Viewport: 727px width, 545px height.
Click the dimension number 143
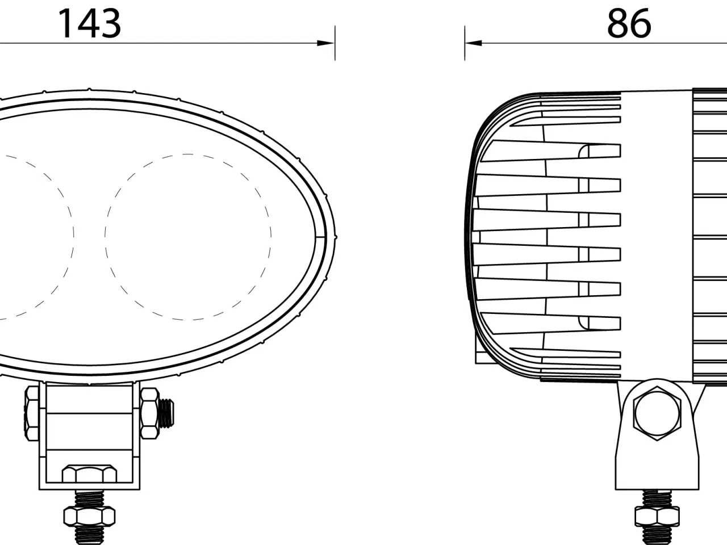coord(90,24)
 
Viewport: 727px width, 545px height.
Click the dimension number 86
coord(629,24)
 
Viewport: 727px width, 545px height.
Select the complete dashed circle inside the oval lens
coord(188,236)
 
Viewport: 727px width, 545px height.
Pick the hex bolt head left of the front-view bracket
coord(32,413)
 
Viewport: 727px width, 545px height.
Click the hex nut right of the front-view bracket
coord(149,413)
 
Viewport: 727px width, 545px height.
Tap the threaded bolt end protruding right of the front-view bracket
coord(168,413)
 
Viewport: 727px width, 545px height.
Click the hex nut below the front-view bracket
coord(89,516)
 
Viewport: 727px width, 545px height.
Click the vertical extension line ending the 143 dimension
coord(335,43)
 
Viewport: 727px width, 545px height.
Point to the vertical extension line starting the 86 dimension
coord(465,43)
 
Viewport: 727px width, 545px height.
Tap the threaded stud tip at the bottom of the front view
coord(89,536)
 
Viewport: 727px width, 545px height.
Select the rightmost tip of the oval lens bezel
coord(335,236)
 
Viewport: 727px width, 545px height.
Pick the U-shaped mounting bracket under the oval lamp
coord(89,437)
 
